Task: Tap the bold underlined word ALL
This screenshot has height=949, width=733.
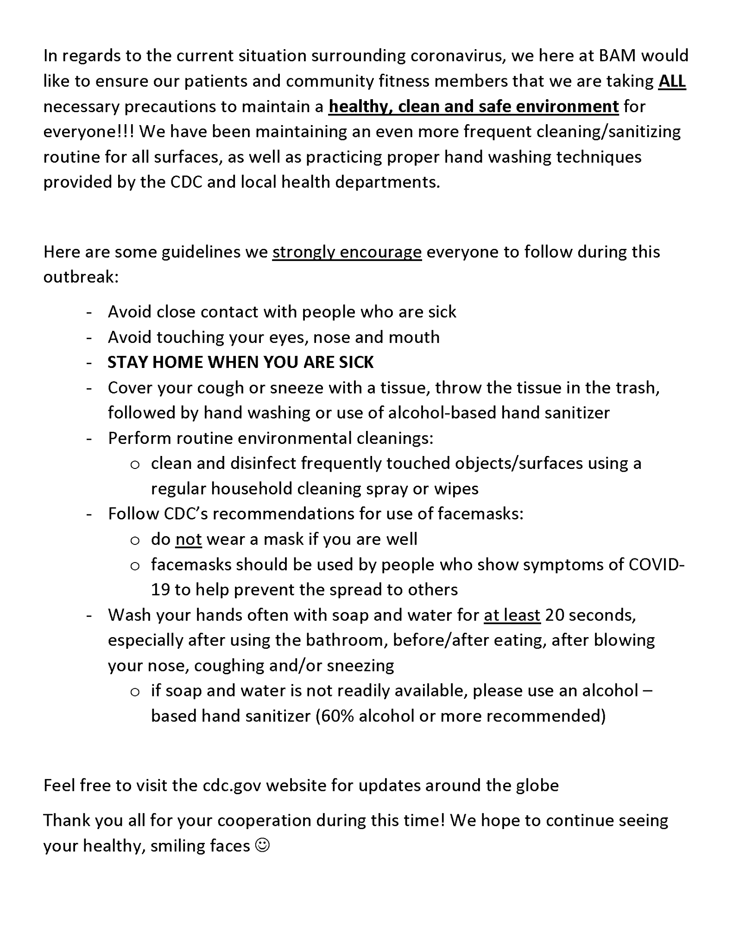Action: [672, 81]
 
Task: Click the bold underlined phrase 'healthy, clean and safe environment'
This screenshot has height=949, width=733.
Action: [474, 107]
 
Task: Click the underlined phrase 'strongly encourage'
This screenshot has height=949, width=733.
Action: [347, 252]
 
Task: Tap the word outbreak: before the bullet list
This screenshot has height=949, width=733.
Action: [81, 277]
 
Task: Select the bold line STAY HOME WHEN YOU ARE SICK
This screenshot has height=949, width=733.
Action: [240, 362]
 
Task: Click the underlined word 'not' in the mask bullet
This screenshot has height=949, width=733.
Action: [189, 539]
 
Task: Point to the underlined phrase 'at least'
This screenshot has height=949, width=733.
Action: [512, 615]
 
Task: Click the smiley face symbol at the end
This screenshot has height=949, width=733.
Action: [262, 846]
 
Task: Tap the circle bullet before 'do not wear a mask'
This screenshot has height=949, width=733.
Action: [135, 540]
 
